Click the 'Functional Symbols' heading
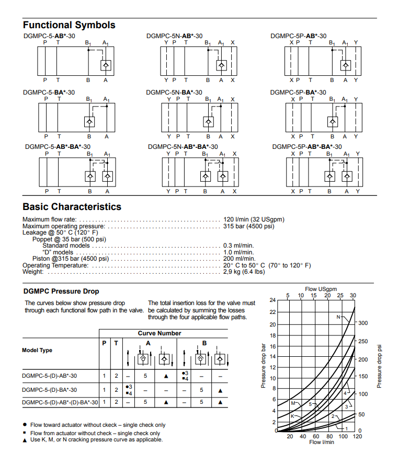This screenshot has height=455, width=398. [69, 25]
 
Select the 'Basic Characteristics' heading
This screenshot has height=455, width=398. [72, 207]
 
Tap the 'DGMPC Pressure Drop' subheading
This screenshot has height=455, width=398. [61, 291]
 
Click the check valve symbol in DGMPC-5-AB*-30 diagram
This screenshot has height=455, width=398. [106, 65]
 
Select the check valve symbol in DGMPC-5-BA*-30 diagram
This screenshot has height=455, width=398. [89, 122]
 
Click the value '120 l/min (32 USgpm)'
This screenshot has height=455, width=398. [254, 219]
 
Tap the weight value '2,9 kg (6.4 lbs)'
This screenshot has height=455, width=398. [244, 271]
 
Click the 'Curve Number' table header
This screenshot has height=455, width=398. [160, 333]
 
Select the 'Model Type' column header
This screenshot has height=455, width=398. [37, 350]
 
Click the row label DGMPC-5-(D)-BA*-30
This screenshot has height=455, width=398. [50, 390]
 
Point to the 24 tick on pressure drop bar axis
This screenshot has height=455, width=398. [272, 300]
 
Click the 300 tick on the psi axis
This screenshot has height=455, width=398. [363, 323]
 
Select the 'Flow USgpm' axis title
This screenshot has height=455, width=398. [321, 289]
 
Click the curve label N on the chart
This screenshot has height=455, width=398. [338, 317]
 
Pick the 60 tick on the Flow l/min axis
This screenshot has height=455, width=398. [316, 436]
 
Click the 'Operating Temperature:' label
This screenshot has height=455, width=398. [55, 265]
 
